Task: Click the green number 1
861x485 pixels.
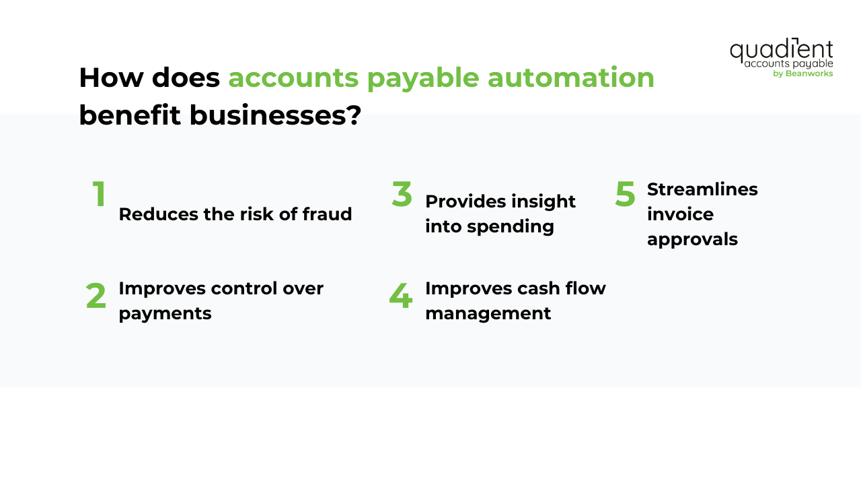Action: tap(99, 194)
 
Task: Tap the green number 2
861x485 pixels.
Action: tap(96, 296)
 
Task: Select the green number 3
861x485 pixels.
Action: tap(402, 194)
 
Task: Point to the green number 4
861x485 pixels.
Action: tap(400, 296)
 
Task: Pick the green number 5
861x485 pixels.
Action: tap(625, 194)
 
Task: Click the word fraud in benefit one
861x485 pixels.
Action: tap(328, 214)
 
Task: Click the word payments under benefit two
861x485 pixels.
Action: tap(165, 313)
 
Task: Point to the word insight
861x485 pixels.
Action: tap(544, 201)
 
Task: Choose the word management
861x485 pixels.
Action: tap(488, 313)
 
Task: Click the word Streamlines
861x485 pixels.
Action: tap(702, 189)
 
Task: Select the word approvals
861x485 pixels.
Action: tap(692, 239)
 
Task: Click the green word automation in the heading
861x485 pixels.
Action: tap(571, 77)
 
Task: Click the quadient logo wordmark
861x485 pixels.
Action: tap(781, 50)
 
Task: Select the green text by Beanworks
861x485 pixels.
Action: tap(803, 73)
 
